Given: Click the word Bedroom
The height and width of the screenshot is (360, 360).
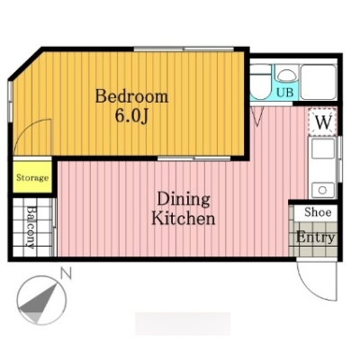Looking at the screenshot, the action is [x=131, y=96].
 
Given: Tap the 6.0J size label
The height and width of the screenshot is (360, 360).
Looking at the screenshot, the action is [x=131, y=116].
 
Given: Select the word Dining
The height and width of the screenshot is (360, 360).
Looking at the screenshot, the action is [x=184, y=200].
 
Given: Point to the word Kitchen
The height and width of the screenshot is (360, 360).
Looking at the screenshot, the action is [x=184, y=219].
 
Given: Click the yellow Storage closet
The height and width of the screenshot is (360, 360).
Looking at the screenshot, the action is [x=32, y=177].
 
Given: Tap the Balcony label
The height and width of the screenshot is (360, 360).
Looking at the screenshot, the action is [x=31, y=227].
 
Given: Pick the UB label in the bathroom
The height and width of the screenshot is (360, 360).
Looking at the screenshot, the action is [x=284, y=92].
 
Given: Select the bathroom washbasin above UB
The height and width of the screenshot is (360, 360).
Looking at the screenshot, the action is [x=286, y=75].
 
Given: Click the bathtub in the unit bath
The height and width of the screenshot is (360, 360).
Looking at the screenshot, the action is [x=319, y=82].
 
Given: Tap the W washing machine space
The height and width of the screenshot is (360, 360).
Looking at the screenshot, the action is [x=323, y=121].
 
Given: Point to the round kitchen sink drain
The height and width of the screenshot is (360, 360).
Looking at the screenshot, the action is [x=322, y=190].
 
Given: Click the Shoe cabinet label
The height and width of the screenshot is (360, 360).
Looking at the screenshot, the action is [x=318, y=212].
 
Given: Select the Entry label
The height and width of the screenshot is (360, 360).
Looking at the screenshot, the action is [x=315, y=238].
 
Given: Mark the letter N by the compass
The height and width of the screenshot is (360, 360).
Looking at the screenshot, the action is [x=66, y=274].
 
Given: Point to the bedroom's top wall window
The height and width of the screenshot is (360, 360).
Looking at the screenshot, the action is [x=184, y=49].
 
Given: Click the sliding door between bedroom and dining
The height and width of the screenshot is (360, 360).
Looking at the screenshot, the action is [x=193, y=158].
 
